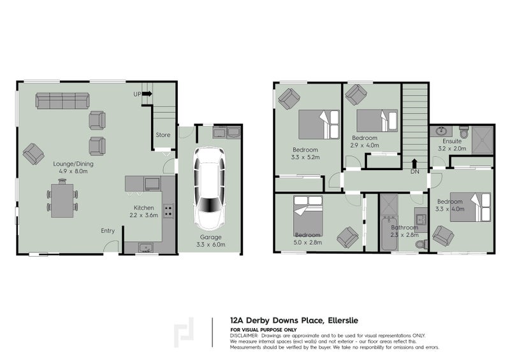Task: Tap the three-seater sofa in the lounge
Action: [x=63, y=100]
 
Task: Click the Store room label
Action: [x=163, y=134]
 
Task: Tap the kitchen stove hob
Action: [x=168, y=211]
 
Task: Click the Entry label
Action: [x=108, y=231]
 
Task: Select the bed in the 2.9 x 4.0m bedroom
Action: [x=376, y=120]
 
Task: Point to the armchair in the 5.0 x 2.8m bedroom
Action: [x=348, y=238]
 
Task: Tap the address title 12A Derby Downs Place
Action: [x=291, y=322]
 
